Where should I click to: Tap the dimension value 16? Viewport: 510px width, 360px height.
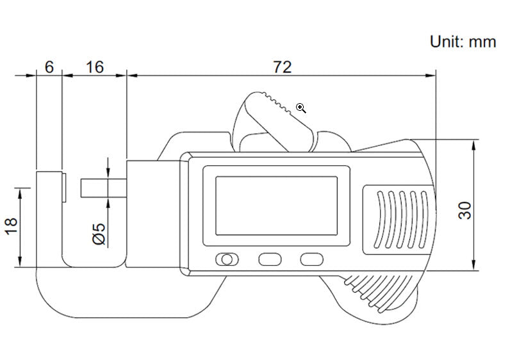pos(94,67)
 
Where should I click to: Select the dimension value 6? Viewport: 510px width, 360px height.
pos(49,67)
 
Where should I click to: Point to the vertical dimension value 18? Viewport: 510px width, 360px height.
pos(12,225)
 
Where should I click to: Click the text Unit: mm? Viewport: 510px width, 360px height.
pos(463,42)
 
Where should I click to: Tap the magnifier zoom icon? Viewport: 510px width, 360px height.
pos(301,108)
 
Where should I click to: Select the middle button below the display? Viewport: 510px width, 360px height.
pos(269,259)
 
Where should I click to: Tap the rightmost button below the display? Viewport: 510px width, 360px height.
pos(311,259)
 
